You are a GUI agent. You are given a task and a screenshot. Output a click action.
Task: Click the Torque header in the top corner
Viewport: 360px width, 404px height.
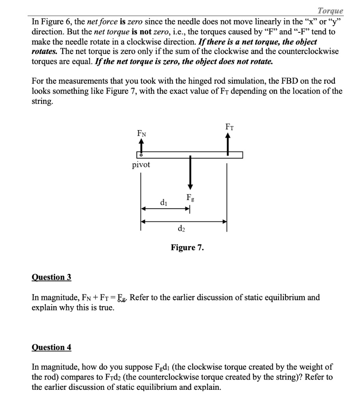coord(330,11)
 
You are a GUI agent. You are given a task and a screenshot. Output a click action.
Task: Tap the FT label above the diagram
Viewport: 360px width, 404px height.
coord(229,127)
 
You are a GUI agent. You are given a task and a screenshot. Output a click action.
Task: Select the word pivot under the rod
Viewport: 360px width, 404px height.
coord(141,165)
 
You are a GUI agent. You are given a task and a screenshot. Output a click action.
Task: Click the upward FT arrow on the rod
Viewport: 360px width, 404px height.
coord(227,143)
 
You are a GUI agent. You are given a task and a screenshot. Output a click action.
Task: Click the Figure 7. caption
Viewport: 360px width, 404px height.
coord(187,248)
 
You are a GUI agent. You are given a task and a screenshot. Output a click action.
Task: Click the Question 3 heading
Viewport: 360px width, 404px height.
coord(51,277)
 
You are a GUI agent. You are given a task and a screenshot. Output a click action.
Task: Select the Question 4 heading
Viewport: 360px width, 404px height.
coord(51,347)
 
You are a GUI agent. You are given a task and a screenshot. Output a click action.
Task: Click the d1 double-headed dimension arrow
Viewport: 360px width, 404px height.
coord(166,209)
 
